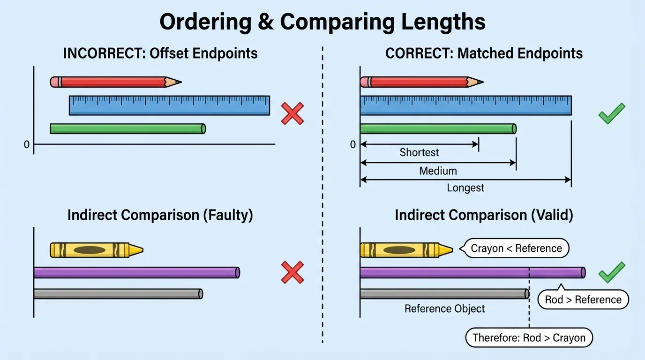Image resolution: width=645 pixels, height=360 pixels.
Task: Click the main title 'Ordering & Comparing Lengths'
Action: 322,22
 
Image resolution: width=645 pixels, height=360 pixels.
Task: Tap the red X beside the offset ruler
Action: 292,113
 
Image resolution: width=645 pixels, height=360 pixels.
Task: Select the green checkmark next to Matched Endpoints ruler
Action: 612,113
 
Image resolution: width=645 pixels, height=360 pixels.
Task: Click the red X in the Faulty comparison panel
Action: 292,272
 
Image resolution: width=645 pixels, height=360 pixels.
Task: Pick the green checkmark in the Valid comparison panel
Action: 612,272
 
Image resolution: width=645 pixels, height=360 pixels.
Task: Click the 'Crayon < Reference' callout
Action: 516,248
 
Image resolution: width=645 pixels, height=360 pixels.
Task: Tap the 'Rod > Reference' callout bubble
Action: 583,300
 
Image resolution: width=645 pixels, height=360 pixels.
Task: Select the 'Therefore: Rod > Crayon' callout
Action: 529,337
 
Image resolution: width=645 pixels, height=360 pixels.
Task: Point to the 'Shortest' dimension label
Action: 419,152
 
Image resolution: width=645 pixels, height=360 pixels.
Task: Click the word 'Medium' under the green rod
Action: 438,171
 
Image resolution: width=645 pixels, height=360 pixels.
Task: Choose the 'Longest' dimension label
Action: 465,188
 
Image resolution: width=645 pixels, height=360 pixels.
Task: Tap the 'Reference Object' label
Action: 444,309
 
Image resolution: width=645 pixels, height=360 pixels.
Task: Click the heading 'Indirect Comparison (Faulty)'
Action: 160,215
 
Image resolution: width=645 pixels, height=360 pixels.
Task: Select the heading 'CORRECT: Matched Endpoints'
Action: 484,53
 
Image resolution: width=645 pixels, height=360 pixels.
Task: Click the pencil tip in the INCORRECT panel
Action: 176,82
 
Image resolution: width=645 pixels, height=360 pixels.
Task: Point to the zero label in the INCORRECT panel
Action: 27,145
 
